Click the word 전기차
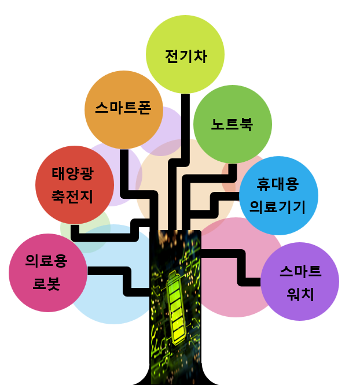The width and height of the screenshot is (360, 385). [x=185, y=56]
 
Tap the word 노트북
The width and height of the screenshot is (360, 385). [x=232, y=125]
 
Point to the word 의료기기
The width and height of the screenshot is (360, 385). [x=277, y=206]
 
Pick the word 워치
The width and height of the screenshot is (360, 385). [x=300, y=294]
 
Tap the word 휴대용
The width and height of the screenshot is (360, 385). [x=277, y=185]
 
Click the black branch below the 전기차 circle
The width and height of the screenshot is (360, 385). [x=185, y=127]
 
